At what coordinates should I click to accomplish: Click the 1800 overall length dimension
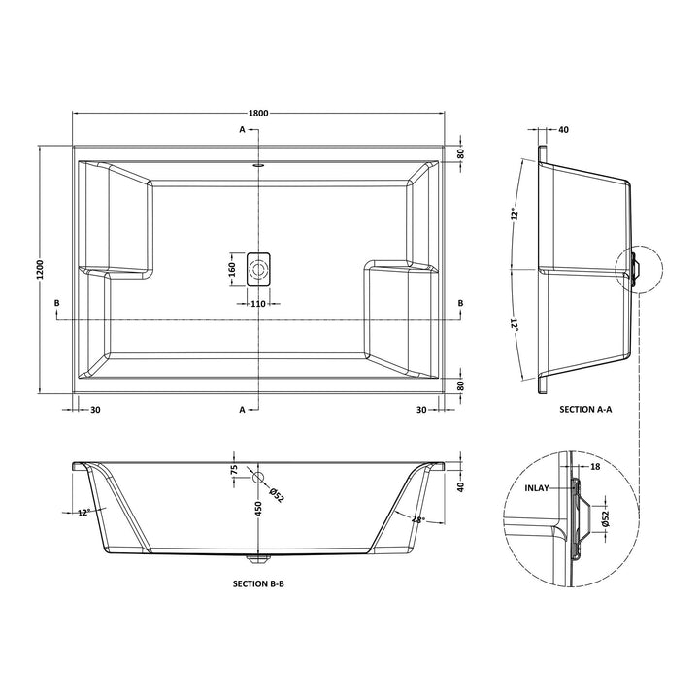point(258,114)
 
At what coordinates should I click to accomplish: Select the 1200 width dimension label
point(41,270)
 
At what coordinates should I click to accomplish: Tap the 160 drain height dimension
point(232,270)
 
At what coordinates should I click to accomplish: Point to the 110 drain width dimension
point(258,304)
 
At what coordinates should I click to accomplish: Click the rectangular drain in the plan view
point(258,269)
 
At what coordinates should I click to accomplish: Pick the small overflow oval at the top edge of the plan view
point(258,166)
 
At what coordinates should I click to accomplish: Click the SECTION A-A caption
point(585,409)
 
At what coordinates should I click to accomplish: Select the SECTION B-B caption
point(258,583)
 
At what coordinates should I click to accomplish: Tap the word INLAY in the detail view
point(537,488)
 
